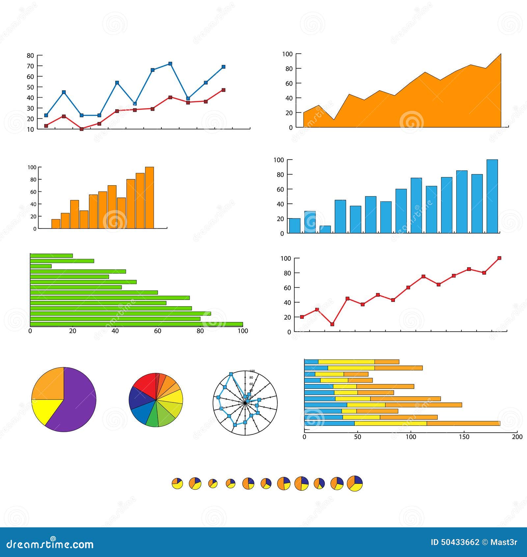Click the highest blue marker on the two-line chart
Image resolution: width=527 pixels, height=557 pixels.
click(x=170, y=64)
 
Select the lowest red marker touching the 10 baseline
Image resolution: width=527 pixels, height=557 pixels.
click(x=82, y=129)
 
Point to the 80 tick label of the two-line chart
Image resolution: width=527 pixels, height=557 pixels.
click(x=30, y=55)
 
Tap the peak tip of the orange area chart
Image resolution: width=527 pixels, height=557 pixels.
click(x=500, y=54)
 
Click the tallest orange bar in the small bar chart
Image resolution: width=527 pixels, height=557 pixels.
click(x=149, y=198)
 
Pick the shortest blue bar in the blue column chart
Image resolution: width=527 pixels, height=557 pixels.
click(x=325, y=229)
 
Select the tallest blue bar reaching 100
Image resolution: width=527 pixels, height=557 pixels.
click(x=492, y=196)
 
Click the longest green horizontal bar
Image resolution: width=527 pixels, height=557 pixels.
click(x=136, y=324)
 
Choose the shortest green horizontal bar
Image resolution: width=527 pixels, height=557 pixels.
click(x=41, y=266)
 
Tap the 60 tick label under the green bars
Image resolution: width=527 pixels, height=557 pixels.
click(x=158, y=331)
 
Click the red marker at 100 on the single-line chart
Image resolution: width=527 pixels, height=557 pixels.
click(x=499, y=258)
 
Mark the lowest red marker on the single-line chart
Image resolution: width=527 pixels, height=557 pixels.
click(x=332, y=324)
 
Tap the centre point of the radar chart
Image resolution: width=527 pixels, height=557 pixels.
click(x=245, y=402)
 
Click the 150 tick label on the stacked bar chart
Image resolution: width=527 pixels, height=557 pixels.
click(x=464, y=437)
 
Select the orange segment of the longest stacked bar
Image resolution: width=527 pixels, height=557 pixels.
click(x=463, y=424)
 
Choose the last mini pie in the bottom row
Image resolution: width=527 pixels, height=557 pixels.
click(x=355, y=484)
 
